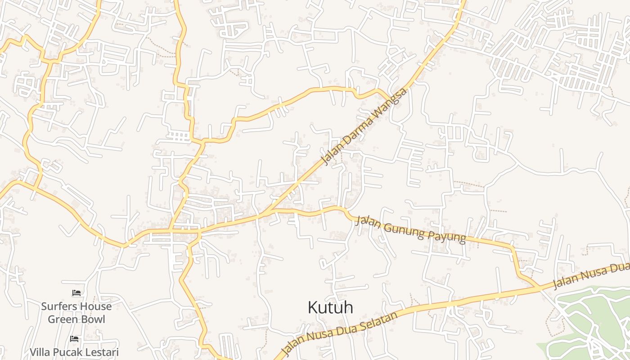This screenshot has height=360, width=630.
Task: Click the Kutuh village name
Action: (330, 308)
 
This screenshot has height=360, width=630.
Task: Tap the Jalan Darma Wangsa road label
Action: (364, 126)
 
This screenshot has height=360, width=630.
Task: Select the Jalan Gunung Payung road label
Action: (410, 229)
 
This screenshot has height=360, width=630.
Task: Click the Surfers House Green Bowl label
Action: (76, 313)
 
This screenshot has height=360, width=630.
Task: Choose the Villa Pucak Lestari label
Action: (74, 351)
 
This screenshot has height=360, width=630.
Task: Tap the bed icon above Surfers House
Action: (76, 293)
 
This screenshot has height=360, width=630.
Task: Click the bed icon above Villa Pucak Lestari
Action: (74, 338)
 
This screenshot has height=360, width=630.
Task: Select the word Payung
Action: (448, 237)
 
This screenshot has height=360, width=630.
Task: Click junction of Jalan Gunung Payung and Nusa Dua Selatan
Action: (539, 287)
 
